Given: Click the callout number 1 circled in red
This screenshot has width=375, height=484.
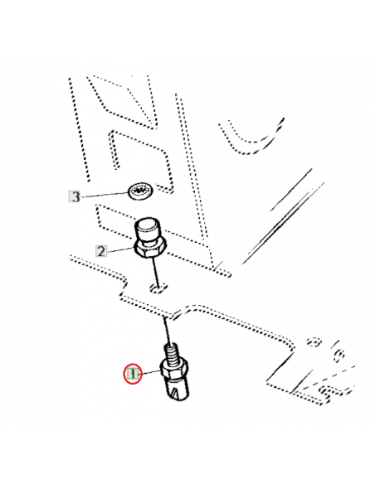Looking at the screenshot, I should pos(132,373).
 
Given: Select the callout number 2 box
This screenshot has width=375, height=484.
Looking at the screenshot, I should pos(102,251).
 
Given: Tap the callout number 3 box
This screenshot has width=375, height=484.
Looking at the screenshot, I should pos(75,196).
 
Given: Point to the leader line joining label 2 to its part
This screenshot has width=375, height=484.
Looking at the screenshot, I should pos(121,249).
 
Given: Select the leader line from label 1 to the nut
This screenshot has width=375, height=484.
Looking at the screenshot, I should pos(149,373).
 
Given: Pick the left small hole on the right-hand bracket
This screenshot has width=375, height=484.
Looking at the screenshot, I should pos(314,341).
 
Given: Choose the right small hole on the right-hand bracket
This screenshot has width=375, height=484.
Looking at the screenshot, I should pos(338,356).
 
